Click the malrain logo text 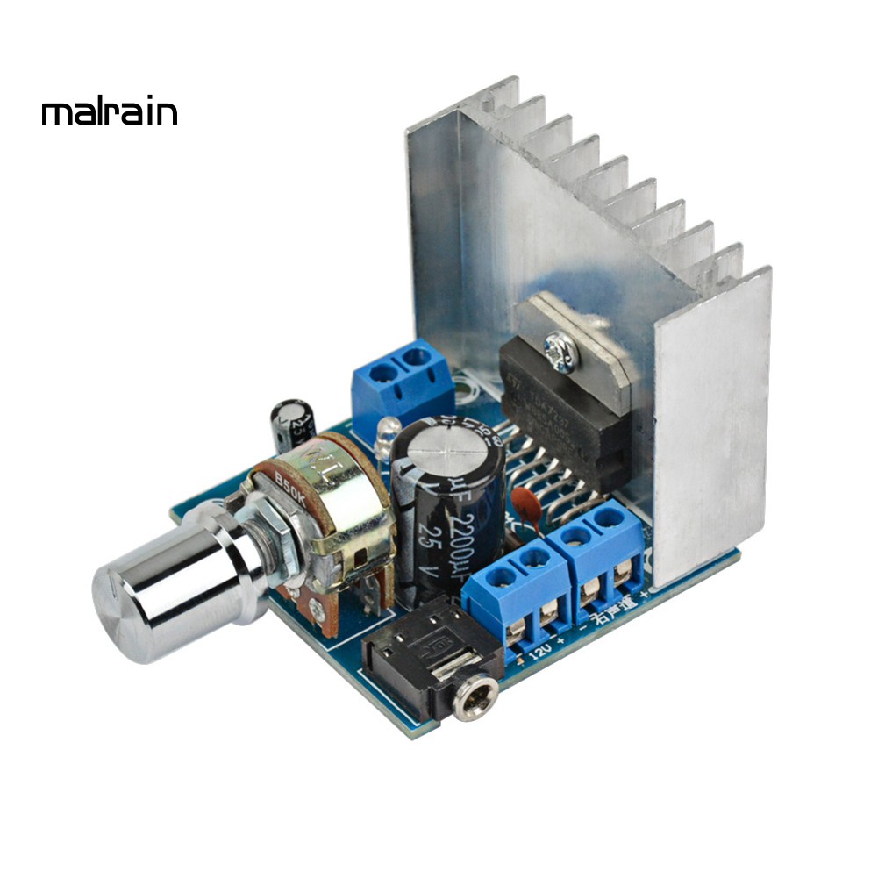tap(110, 113)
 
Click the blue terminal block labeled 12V tap(518, 596)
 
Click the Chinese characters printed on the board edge tap(610, 617)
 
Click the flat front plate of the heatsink tap(710, 421)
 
